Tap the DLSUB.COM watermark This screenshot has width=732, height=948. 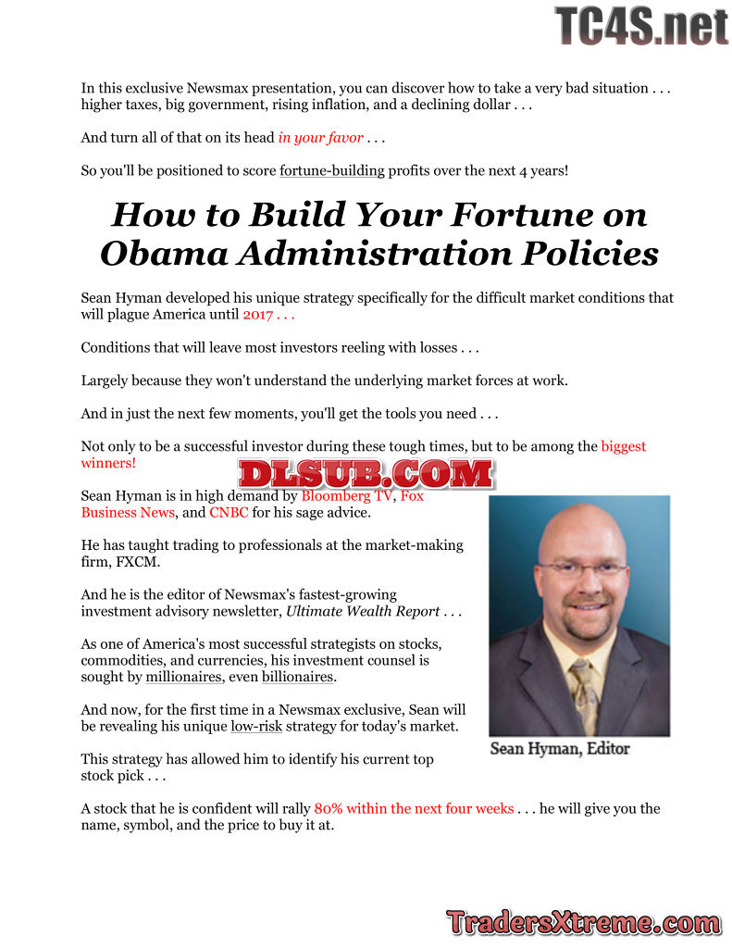(366, 474)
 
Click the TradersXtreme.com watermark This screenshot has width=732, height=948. (584, 922)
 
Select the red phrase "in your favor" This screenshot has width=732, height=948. (320, 138)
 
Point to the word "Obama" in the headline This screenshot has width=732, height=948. (155, 254)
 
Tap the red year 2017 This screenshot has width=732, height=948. (257, 315)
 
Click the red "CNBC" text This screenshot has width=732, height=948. (229, 512)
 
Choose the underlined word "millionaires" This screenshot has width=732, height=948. (184, 677)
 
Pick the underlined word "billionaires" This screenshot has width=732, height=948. (297, 677)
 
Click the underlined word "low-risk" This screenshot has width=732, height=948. (256, 726)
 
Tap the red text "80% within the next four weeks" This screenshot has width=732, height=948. (414, 808)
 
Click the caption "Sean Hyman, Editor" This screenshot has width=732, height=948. (560, 749)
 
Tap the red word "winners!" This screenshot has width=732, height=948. (108, 463)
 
